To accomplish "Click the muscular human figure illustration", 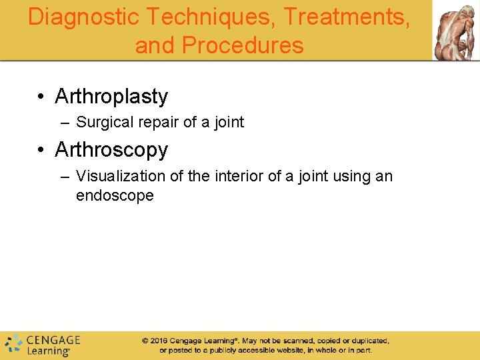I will [x=455, y=31].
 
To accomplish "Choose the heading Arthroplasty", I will [x=111, y=97].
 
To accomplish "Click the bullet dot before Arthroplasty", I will [x=41, y=97].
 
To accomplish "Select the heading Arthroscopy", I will [x=111, y=150].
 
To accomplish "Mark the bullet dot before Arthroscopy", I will [x=41, y=151].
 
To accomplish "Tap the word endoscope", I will [x=115, y=196].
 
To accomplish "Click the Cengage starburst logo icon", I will [x=13, y=345].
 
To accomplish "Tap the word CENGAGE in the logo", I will [x=53, y=340].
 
